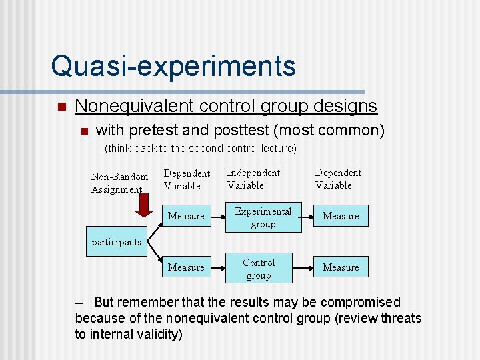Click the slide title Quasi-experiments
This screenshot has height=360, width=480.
[173, 66]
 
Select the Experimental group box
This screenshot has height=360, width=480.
[263, 218]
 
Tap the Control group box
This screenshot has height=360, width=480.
[259, 269]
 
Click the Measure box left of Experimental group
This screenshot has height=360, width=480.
[186, 216]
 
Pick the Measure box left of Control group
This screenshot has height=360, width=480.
[186, 267]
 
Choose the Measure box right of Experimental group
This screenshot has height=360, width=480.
[341, 216]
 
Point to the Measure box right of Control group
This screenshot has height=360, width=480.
[341, 267]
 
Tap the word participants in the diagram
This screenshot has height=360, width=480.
[116, 242]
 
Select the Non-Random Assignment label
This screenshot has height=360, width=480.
[119, 183]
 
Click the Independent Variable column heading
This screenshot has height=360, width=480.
[253, 179]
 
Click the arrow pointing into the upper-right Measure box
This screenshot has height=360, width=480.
[303, 216]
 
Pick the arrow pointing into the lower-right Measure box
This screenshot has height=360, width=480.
[303, 268]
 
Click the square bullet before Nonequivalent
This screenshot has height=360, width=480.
[61, 107]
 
